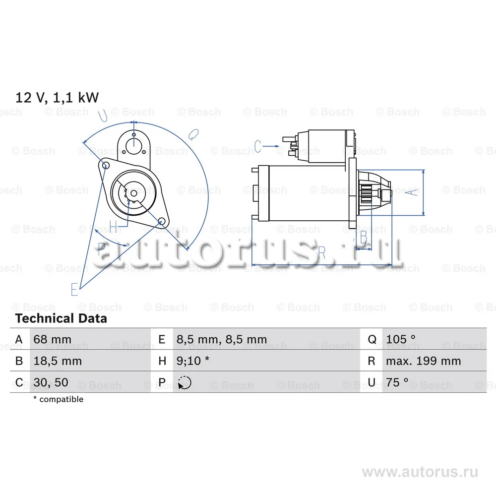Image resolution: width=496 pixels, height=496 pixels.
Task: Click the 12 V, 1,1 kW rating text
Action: (x=57, y=97)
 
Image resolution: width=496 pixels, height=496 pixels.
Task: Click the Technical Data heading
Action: (x=61, y=318)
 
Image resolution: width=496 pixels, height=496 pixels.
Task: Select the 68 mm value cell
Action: (x=52, y=339)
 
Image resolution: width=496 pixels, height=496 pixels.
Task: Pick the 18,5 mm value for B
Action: (x=58, y=361)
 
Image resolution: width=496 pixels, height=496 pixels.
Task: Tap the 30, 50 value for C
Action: (x=51, y=382)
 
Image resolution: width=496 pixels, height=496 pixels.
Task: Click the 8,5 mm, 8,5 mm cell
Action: (x=221, y=339)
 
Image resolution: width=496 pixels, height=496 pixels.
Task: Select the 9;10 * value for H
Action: (x=192, y=361)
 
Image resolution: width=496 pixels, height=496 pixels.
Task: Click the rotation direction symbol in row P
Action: (x=185, y=383)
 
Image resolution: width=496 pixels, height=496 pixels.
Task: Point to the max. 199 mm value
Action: (x=423, y=361)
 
